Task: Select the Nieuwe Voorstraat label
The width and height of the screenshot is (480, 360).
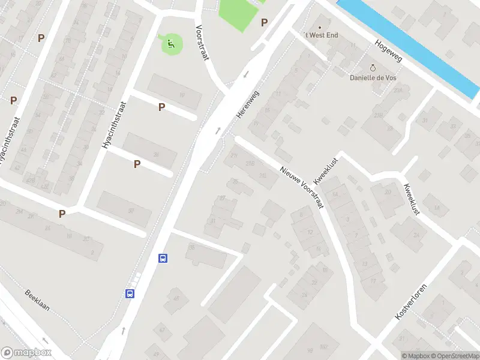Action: [x=302, y=187]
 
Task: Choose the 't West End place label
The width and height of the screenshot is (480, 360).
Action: [x=321, y=35]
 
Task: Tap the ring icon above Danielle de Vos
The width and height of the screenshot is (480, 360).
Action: [x=372, y=68]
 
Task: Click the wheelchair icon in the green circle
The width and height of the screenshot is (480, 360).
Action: [x=171, y=43]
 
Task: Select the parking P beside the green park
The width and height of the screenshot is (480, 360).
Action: [x=264, y=23]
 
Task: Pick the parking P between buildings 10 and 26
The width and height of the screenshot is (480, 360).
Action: [x=161, y=107]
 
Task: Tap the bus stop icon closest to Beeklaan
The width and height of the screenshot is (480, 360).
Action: [x=130, y=293]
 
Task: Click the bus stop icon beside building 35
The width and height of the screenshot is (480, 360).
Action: [x=162, y=259]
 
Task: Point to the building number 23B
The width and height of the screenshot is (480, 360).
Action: [x=378, y=115]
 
